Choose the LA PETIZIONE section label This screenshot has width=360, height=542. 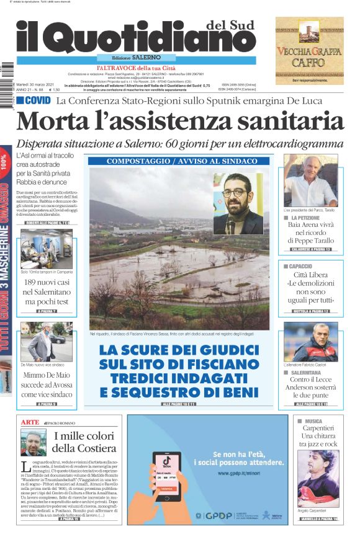(306, 218)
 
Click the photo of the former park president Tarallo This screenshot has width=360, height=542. (310, 180)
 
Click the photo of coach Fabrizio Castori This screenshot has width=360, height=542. (310, 342)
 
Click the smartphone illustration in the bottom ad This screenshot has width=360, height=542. (169, 484)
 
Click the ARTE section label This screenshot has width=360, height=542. (30, 422)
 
